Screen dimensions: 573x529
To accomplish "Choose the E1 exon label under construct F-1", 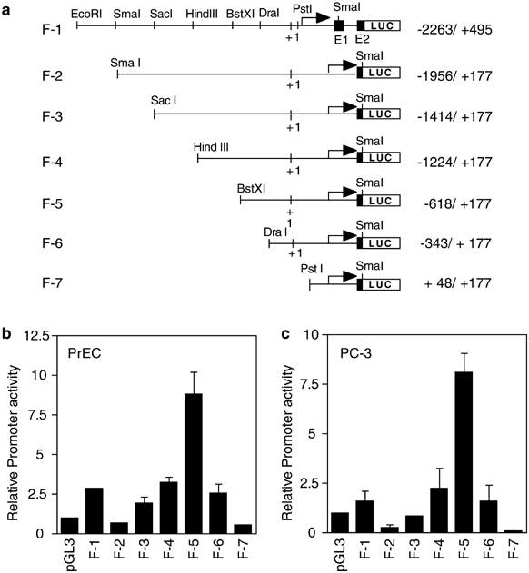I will (340, 40).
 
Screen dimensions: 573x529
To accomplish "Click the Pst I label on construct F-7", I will (314, 270).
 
